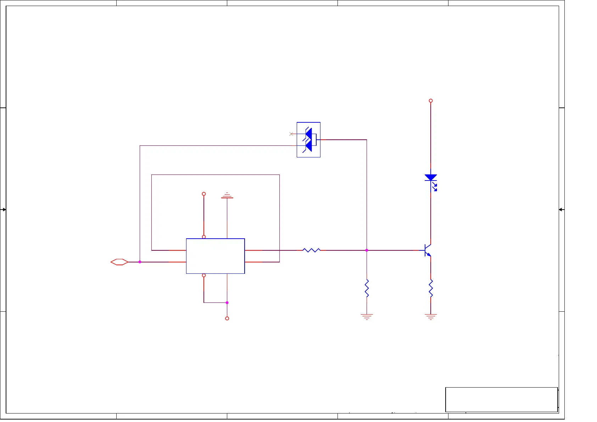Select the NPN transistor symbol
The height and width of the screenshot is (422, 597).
click(x=427, y=250)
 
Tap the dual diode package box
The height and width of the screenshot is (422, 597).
click(x=308, y=140)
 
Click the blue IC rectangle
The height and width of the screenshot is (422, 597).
click(x=215, y=256)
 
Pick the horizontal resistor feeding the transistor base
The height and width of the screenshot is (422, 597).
click(x=312, y=250)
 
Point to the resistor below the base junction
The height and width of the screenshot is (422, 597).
click(x=367, y=288)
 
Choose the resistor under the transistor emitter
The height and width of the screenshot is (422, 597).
click(x=431, y=288)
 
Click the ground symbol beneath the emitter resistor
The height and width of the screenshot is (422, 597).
click(x=431, y=316)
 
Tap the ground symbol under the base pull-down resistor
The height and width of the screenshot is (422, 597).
click(x=367, y=316)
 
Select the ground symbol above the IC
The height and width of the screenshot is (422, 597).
click(x=227, y=195)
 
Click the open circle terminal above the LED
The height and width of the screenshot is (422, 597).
click(x=431, y=101)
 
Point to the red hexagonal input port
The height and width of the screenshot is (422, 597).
click(x=119, y=262)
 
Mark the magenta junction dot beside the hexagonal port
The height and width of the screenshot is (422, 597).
click(x=140, y=262)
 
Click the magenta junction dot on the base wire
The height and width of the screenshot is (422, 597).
click(x=367, y=250)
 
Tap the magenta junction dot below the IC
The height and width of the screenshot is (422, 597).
click(x=227, y=303)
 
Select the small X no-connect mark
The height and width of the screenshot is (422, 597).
click(x=291, y=134)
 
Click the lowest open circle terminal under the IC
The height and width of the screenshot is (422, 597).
click(x=227, y=318)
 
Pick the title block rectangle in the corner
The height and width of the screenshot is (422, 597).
click(x=501, y=400)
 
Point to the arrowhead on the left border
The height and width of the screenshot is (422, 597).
click(x=4, y=210)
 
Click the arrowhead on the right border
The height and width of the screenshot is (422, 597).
click(x=561, y=210)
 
